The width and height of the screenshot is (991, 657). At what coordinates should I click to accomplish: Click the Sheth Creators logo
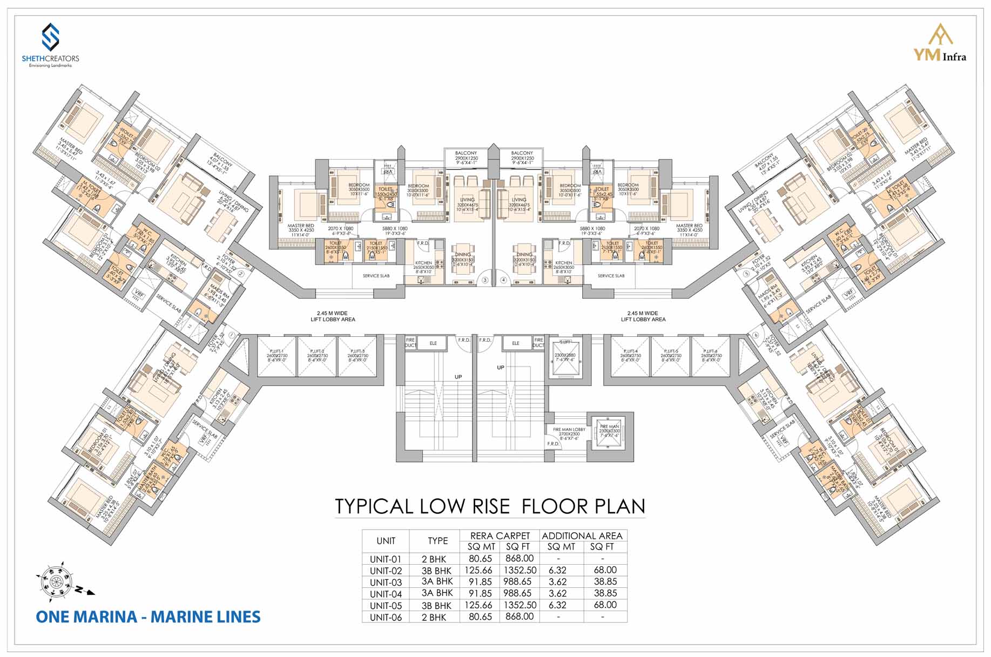click(x=50, y=45)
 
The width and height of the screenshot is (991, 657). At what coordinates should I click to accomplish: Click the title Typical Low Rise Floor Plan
click(x=490, y=506)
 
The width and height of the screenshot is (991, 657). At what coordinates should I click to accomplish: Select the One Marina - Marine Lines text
click(x=148, y=617)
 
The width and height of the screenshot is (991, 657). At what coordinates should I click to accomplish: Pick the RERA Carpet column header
click(x=500, y=536)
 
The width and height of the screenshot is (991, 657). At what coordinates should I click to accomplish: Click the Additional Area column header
click(x=582, y=536)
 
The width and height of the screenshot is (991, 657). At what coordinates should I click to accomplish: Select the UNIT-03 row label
click(x=386, y=582)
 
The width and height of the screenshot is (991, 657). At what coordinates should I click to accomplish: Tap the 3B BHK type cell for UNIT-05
click(x=436, y=605)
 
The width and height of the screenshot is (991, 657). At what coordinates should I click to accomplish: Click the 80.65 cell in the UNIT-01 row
click(x=480, y=559)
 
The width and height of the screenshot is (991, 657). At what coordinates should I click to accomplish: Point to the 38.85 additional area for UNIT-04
click(x=605, y=593)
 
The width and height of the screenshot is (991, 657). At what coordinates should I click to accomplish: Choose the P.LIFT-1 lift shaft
click(x=277, y=356)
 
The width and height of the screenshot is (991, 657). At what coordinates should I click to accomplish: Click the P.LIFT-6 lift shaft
click(x=711, y=356)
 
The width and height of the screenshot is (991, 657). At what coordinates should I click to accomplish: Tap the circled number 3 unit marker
click(x=485, y=280)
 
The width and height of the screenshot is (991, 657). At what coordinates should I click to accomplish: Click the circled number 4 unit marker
click(x=503, y=280)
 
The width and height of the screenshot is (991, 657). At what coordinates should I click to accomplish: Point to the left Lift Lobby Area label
click(x=333, y=316)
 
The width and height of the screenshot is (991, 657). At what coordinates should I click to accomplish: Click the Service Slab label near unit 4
click(x=611, y=276)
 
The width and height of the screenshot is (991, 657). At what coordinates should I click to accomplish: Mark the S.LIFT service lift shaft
click(x=565, y=356)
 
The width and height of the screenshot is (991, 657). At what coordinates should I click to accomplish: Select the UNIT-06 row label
click(x=386, y=617)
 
